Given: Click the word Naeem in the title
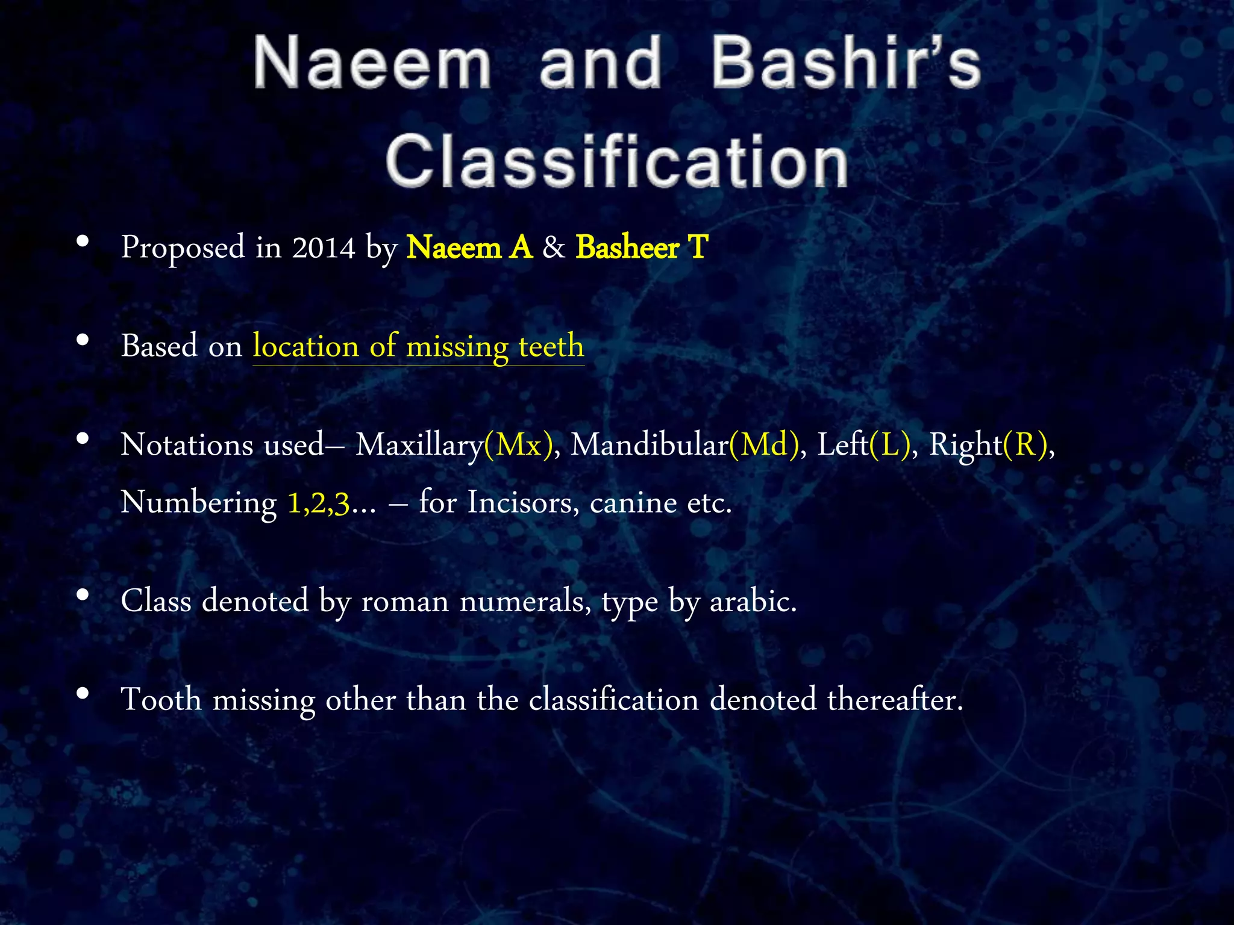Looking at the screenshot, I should (x=372, y=63).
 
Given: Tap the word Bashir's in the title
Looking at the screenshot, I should (x=845, y=63).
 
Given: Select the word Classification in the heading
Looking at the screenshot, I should (x=617, y=161).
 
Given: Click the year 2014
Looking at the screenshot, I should (x=324, y=248).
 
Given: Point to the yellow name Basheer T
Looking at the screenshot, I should (x=642, y=248).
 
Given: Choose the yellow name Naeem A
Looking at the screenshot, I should (x=469, y=248).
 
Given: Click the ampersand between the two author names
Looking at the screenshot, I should (x=554, y=248).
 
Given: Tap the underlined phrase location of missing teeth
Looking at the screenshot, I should (x=418, y=346).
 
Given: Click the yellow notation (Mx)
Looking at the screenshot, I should (x=518, y=445).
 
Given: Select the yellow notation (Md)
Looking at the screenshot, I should (x=764, y=445).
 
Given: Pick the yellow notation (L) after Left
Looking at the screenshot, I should (x=890, y=445).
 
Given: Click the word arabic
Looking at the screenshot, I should (x=753, y=601).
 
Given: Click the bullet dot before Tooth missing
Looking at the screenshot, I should (x=83, y=694).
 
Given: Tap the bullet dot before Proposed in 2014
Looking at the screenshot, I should (x=83, y=242).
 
